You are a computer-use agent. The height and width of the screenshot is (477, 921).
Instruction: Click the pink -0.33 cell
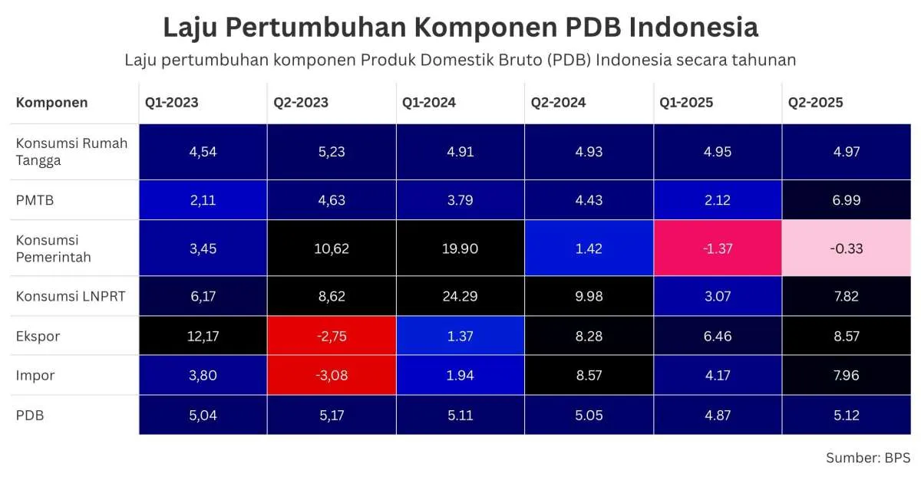tap(847, 248)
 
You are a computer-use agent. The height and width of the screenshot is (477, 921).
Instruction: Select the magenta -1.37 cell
tap(718, 248)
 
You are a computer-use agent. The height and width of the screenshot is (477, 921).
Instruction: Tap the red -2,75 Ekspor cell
tap(332, 336)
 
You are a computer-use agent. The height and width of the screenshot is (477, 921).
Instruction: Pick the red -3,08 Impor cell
tap(332, 376)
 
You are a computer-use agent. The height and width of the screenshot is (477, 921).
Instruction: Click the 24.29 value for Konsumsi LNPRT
tap(460, 296)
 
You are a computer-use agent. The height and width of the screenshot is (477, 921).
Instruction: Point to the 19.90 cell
tap(460, 248)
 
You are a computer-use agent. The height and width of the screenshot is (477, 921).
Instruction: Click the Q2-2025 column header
tap(815, 103)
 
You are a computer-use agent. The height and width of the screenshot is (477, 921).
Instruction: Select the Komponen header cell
tap(52, 103)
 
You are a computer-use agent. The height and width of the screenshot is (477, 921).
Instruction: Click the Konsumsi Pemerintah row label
tap(54, 248)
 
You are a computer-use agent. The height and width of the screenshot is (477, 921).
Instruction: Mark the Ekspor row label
tap(38, 336)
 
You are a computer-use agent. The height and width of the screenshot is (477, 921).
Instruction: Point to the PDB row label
tap(29, 415)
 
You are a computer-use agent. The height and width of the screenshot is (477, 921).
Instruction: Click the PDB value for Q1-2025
tap(718, 416)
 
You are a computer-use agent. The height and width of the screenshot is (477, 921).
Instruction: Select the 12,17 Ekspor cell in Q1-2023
tap(203, 336)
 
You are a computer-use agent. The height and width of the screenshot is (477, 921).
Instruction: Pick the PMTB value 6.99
tap(847, 200)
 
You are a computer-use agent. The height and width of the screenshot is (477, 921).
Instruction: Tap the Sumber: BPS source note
tap(867, 458)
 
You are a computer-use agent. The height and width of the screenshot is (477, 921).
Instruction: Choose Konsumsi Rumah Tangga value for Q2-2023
tap(332, 152)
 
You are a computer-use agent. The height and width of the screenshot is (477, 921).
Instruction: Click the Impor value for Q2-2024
tap(589, 376)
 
